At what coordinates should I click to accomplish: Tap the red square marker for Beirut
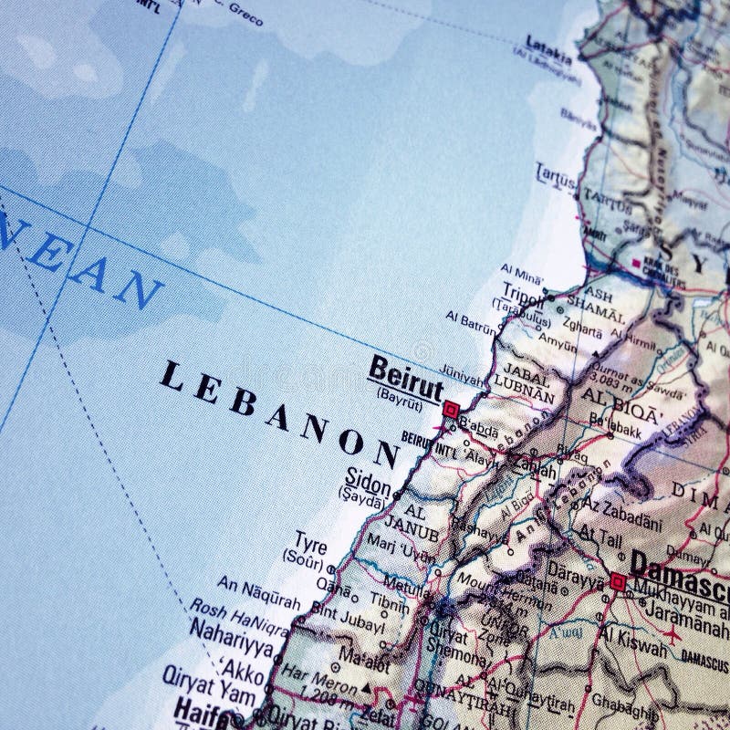coord(450,411)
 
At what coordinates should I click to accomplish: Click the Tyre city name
coord(310,545)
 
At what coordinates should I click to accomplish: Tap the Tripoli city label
coord(521,292)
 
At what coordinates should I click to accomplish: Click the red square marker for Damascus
coord(618,580)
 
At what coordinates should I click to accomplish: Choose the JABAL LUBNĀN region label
coord(523,386)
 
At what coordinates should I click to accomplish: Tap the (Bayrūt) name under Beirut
coord(399,392)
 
